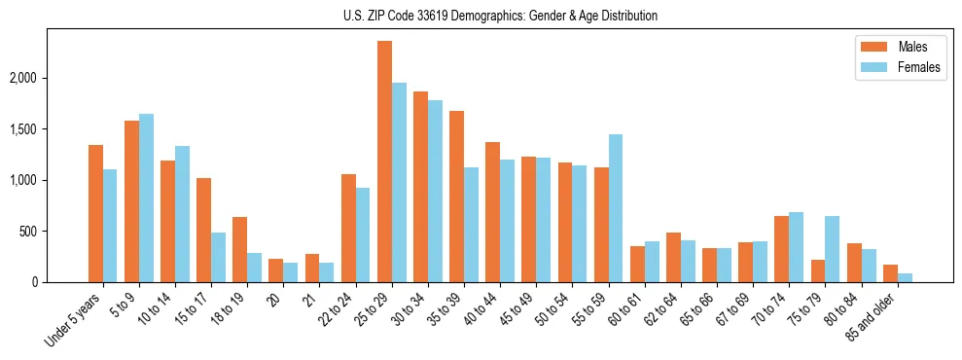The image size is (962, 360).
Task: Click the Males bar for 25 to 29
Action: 384,162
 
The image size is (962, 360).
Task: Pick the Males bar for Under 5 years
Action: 95,213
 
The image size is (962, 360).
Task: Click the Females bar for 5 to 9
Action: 146,198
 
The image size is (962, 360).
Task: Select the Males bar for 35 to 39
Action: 456,197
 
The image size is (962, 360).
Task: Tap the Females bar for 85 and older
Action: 905,278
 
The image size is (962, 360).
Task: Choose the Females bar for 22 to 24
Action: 363,234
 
